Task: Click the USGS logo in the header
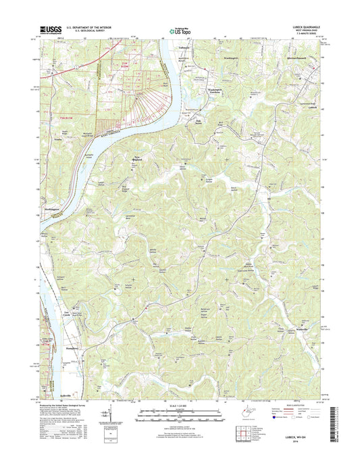click(x=51, y=29)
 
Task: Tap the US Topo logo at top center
click(x=179, y=29)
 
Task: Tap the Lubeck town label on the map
click(x=311, y=107)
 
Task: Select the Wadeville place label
click(x=306, y=329)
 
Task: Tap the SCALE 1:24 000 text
click(x=180, y=406)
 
